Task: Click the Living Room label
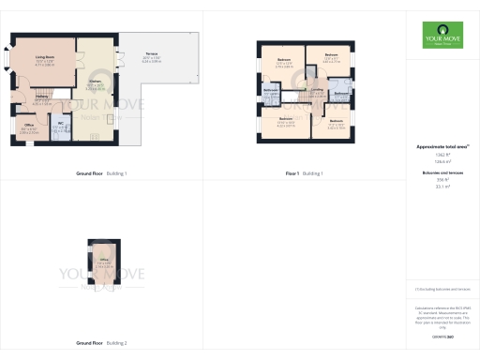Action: (44, 57)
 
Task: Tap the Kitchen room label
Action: (96, 82)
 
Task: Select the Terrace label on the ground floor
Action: (151, 55)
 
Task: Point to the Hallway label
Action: (42, 96)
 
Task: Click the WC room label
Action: (60, 123)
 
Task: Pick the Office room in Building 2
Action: (102, 260)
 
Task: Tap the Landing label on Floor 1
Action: (317, 91)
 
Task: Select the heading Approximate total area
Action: (442, 148)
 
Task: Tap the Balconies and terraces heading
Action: (442, 174)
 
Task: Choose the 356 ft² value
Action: (442, 181)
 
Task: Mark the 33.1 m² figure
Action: (442, 187)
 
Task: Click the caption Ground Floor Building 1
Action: (101, 174)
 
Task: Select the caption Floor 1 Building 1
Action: (304, 174)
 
